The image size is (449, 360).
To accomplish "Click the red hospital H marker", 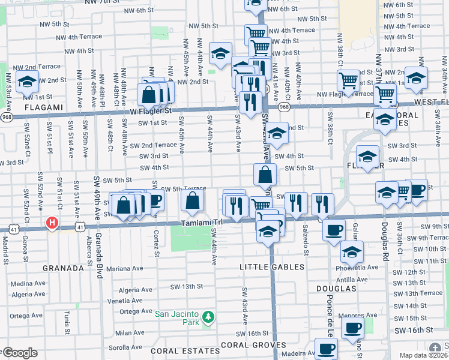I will point(52,223).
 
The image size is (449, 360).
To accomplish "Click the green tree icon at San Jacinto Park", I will point(208,316).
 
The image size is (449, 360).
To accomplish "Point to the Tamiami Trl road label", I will point(202,223).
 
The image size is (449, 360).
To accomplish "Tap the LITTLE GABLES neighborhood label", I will point(272,266).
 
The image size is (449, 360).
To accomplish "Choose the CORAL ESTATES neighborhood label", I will point(174,350).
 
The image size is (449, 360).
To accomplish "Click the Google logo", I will point(19,353).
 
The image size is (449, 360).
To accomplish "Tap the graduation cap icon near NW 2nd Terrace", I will point(27,81).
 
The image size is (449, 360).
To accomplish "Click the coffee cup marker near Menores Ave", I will point(353,327).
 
